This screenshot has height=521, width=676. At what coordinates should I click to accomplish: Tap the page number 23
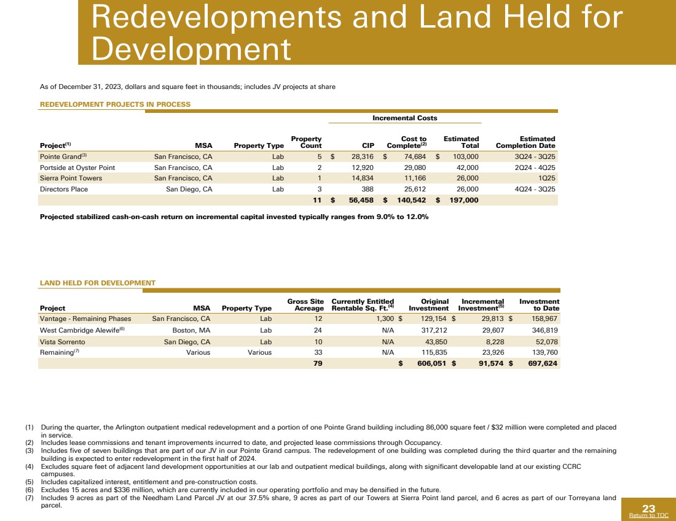coord(649,508)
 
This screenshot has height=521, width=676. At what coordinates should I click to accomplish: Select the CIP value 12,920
coord(362,168)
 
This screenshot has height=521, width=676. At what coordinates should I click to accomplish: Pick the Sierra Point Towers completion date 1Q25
coord(546,179)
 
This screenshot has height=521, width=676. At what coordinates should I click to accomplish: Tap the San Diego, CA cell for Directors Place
coord(189,190)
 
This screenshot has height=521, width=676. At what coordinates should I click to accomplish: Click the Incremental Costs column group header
coord(405,118)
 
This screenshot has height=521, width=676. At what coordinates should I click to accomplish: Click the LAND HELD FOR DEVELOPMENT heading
coord(98,283)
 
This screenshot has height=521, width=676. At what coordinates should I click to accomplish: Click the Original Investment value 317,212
coord(433,330)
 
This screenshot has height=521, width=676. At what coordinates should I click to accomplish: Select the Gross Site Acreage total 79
coord(318,363)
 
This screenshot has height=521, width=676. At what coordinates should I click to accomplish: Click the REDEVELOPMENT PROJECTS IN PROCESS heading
coord(115,104)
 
